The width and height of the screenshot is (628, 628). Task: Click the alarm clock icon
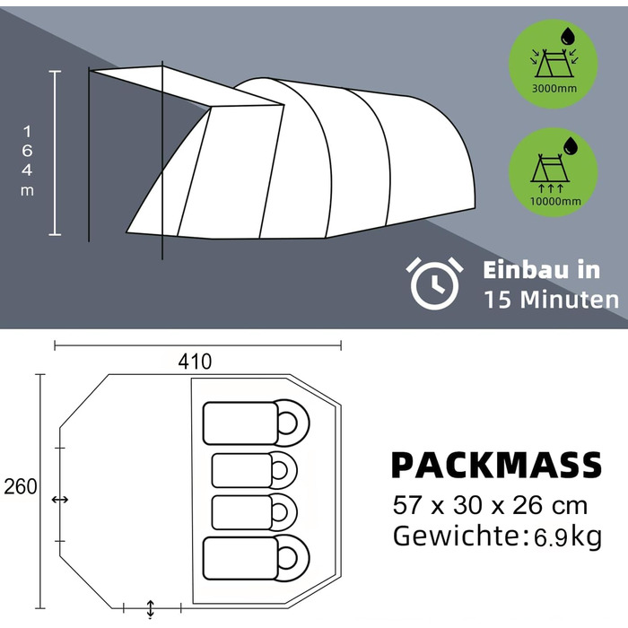(x=434, y=283)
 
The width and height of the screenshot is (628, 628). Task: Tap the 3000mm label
(x=554, y=88)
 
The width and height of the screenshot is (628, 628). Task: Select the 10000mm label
(x=555, y=201)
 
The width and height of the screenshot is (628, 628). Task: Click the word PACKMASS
(x=497, y=465)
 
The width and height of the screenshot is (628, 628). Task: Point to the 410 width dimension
(x=195, y=362)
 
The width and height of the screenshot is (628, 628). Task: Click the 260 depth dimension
(x=20, y=487)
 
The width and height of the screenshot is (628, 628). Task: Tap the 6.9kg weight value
(x=568, y=537)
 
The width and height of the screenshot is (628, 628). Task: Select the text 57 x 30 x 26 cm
(x=490, y=505)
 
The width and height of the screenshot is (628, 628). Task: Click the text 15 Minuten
(x=552, y=299)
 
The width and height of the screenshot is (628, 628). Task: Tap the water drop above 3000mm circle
(x=568, y=36)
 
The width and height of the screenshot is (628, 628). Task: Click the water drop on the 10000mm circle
(x=571, y=145)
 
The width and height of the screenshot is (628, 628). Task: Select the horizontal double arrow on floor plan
(x=60, y=500)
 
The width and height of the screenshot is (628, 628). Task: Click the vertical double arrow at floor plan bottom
(x=151, y=608)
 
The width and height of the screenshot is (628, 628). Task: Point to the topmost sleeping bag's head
(x=292, y=423)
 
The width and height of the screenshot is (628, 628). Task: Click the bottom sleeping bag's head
(x=292, y=557)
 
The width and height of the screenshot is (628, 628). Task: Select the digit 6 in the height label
(x=27, y=151)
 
